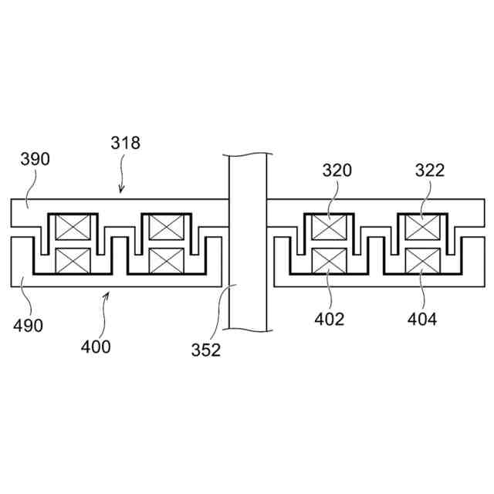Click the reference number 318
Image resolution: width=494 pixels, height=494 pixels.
tap(125, 143)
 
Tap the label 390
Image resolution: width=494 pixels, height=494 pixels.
tap(35, 159)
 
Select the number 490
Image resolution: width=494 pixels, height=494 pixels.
tap(28, 326)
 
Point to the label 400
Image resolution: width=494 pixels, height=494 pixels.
tap(96, 347)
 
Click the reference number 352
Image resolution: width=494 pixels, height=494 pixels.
tap(206, 350)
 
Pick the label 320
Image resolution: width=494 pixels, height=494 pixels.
tap(337, 171)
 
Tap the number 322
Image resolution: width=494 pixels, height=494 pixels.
tap(430, 171)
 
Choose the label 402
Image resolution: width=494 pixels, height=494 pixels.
tap(330, 319)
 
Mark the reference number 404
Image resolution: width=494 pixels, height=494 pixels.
tap(422, 319)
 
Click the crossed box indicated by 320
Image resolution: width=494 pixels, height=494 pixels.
tap(329, 227)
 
